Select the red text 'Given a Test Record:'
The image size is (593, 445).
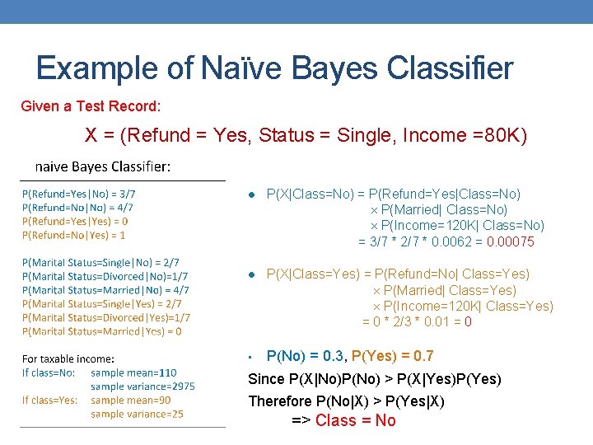pos(91,106)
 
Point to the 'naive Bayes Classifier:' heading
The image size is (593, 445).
pos(103,167)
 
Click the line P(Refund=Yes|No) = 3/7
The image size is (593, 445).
pos(79,194)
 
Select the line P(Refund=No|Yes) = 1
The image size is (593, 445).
pos(74,235)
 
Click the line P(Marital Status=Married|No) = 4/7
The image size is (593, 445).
pos(106,290)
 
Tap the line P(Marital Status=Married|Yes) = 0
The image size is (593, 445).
pos(102,331)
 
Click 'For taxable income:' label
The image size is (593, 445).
pos(68,358)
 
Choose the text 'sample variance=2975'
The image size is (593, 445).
pos(142,386)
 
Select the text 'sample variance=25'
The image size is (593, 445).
pos(137,415)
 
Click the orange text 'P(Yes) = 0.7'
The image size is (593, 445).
pos(393,356)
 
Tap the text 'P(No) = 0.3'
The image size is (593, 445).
pos(304,356)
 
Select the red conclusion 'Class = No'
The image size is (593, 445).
pos(355,420)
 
